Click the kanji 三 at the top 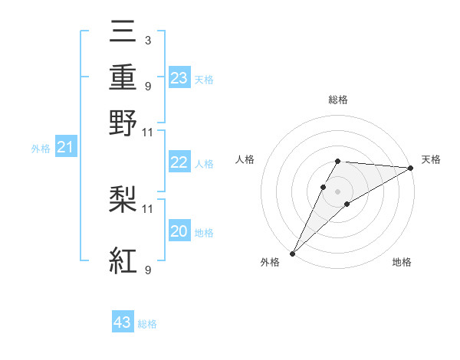pos(123,34)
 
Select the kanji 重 pos(123,78)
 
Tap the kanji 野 pos(123,123)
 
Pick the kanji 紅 pos(123,260)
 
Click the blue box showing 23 pos(179,78)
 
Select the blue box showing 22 pos(179,162)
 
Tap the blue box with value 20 pos(179,231)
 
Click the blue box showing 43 pos(123,322)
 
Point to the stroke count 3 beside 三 pos(147,41)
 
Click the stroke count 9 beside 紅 pos(147,270)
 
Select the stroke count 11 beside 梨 pos(148,208)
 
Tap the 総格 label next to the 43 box pos(147,324)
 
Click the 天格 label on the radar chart pos(431,159)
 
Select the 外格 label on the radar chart pos(270,263)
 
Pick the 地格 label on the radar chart pos(402,263)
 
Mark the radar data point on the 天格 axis pos(411,168)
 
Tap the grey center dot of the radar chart pos(338,191)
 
